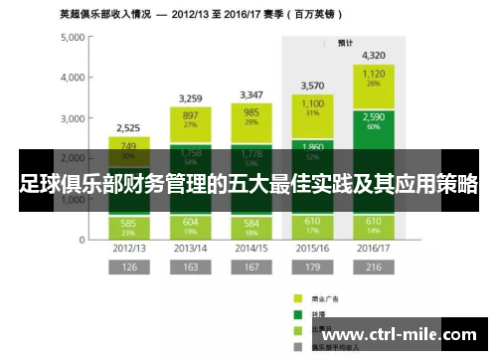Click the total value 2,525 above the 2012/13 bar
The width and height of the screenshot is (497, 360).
tap(128, 128)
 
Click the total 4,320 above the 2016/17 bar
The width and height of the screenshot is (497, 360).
tap(374, 55)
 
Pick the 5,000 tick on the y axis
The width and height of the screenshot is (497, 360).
tap(73, 38)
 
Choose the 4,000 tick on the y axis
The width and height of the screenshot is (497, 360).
tap(73, 78)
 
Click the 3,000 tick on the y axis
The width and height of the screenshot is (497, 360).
tap(73, 118)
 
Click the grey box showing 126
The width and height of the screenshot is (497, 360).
tap(128, 267)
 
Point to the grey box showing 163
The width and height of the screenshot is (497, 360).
tap(189, 267)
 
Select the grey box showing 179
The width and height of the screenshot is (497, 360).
tap(312, 267)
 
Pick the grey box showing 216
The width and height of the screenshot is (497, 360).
tap(374, 267)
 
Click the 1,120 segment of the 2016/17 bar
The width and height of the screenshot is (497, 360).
tap(374, 78)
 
